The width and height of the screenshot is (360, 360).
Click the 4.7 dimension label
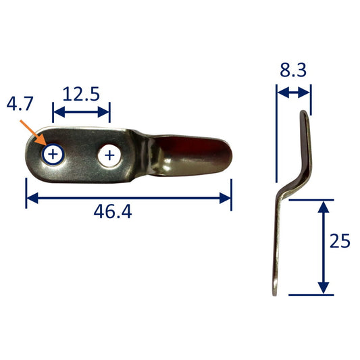20,103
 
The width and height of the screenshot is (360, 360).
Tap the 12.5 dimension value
81,94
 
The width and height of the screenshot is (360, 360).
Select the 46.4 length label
113,211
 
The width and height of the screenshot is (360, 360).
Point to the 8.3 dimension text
293,70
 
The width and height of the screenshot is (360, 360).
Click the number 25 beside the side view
340,241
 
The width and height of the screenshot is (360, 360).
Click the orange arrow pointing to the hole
33,132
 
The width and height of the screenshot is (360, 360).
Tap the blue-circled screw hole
53,154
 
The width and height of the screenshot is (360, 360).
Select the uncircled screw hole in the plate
109,155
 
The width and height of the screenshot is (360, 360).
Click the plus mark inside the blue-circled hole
53,154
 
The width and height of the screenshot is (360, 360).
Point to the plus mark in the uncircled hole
109,155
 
